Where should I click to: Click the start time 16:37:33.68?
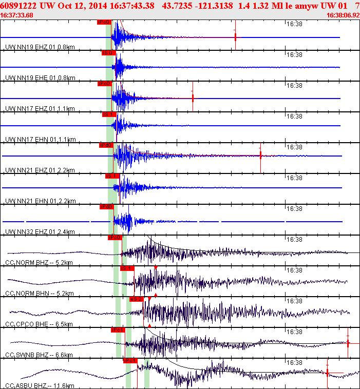pyautogui.click(x=17, y=15)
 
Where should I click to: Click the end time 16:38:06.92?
pyautogui.click(x=343, y=15)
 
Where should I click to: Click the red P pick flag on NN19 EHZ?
pyautogui.click(x=104, y=22)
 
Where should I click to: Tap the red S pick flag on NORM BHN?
pyautogui.click(x=127, y=268)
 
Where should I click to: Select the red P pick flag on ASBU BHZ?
pyautogui.click(x=130, y=361)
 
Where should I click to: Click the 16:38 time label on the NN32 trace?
pyautogui.click(x=294, y=209)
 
